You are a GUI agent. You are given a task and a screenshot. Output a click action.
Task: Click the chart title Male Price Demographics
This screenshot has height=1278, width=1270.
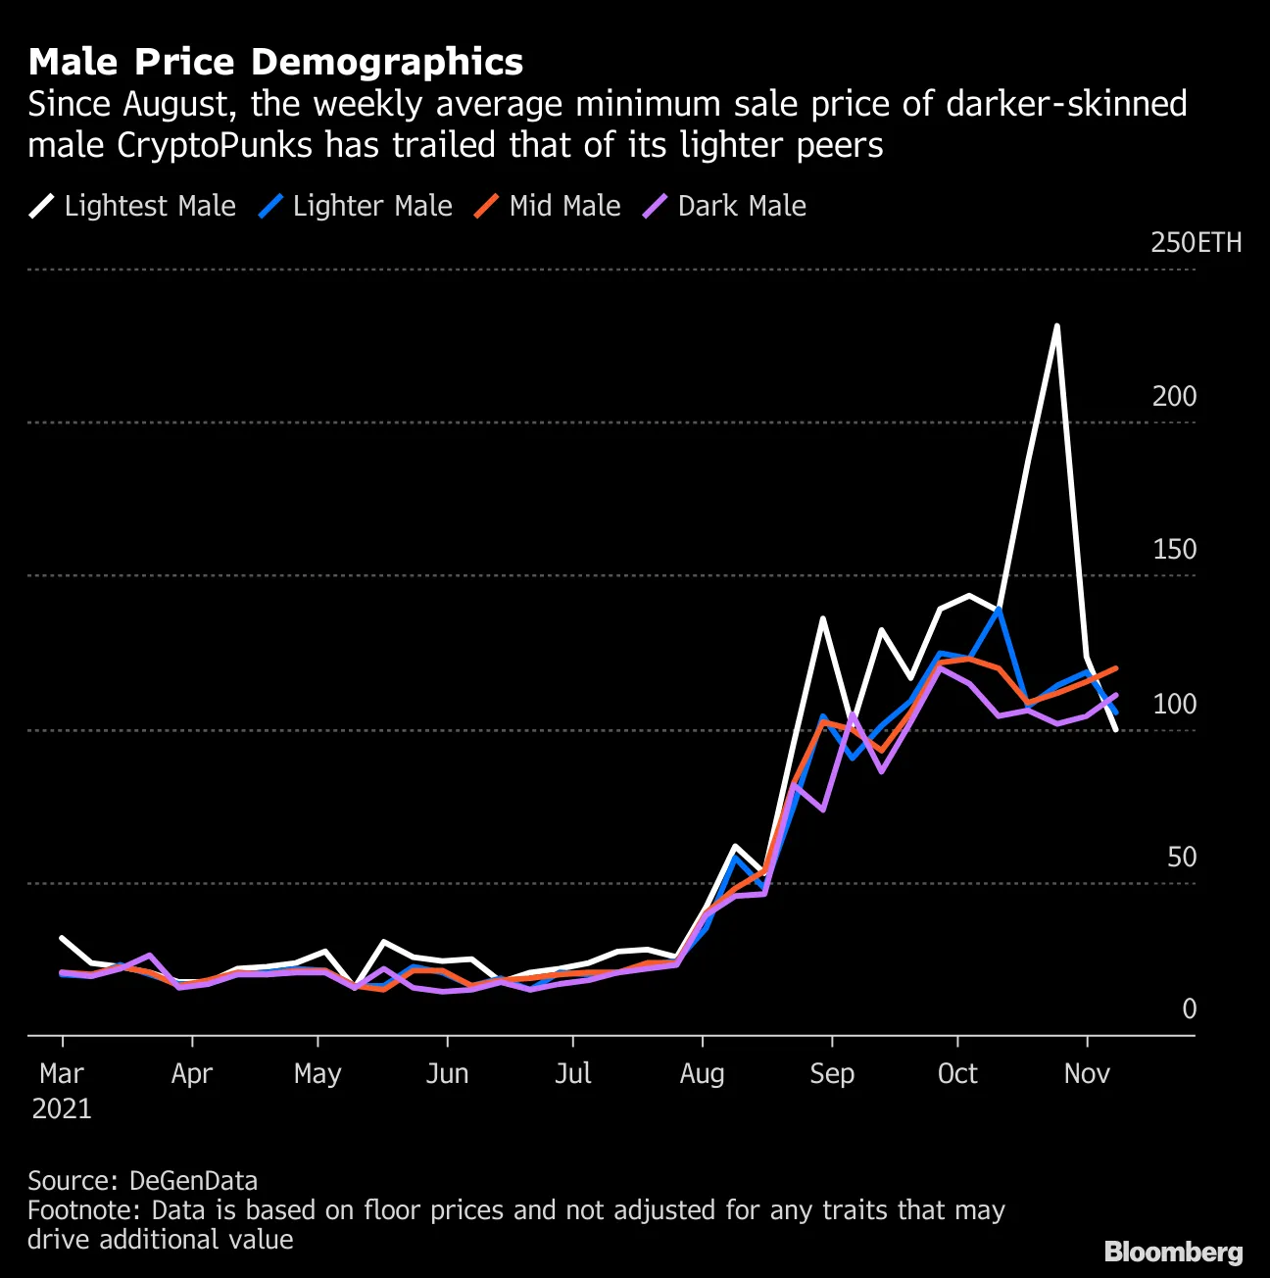click(x=275, y=62)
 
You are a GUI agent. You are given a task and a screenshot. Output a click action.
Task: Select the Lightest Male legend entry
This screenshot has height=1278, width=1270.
click(x=132, y=206)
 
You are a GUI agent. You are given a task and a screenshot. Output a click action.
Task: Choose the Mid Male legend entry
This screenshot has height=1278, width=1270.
click(x=548, y=206)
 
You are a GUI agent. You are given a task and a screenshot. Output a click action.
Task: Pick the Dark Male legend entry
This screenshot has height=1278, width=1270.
click(x=724, y=206)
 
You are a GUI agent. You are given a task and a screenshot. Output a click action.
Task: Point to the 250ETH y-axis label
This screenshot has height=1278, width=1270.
click(x=1195, y=243)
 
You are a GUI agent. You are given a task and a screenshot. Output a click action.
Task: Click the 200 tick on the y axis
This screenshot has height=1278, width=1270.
click(x=1174, y=397)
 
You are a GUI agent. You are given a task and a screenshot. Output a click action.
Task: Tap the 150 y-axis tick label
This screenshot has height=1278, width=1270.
click(x=1174, y=550)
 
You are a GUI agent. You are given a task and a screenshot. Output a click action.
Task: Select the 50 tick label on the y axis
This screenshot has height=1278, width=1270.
click(x=1182, y=858)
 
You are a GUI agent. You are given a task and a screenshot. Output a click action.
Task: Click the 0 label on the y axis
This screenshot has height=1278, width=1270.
click(x=1189, y=1009)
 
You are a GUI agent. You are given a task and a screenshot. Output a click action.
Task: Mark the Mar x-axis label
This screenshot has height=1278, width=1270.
click(x=62, y=1074)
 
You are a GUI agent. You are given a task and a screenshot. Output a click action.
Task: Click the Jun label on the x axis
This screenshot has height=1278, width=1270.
click(x=447, y=1074)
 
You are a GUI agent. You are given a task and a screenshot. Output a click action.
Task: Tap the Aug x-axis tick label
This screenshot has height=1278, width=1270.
click(x=702, y=1074)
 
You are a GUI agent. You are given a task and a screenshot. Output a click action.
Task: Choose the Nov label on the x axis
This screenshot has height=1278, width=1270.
click(x=1087, y=1074)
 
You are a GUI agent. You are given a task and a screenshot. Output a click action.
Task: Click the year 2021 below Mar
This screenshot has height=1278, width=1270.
click(x=62, y=1109)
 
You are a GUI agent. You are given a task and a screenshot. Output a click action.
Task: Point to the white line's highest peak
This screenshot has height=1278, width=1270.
click(x=1056, y=325)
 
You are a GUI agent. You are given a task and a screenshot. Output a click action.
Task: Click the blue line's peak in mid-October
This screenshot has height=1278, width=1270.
click(x=998, y=610)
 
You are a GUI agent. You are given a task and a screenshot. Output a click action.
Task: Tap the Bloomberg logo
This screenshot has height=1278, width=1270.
click(x=1173, y=1252)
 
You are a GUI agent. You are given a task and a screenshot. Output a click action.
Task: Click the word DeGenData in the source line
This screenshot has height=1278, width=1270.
click(x=193, y=1181)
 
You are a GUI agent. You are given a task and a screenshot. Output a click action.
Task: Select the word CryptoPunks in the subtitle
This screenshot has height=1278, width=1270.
click(x=215, y=145)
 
